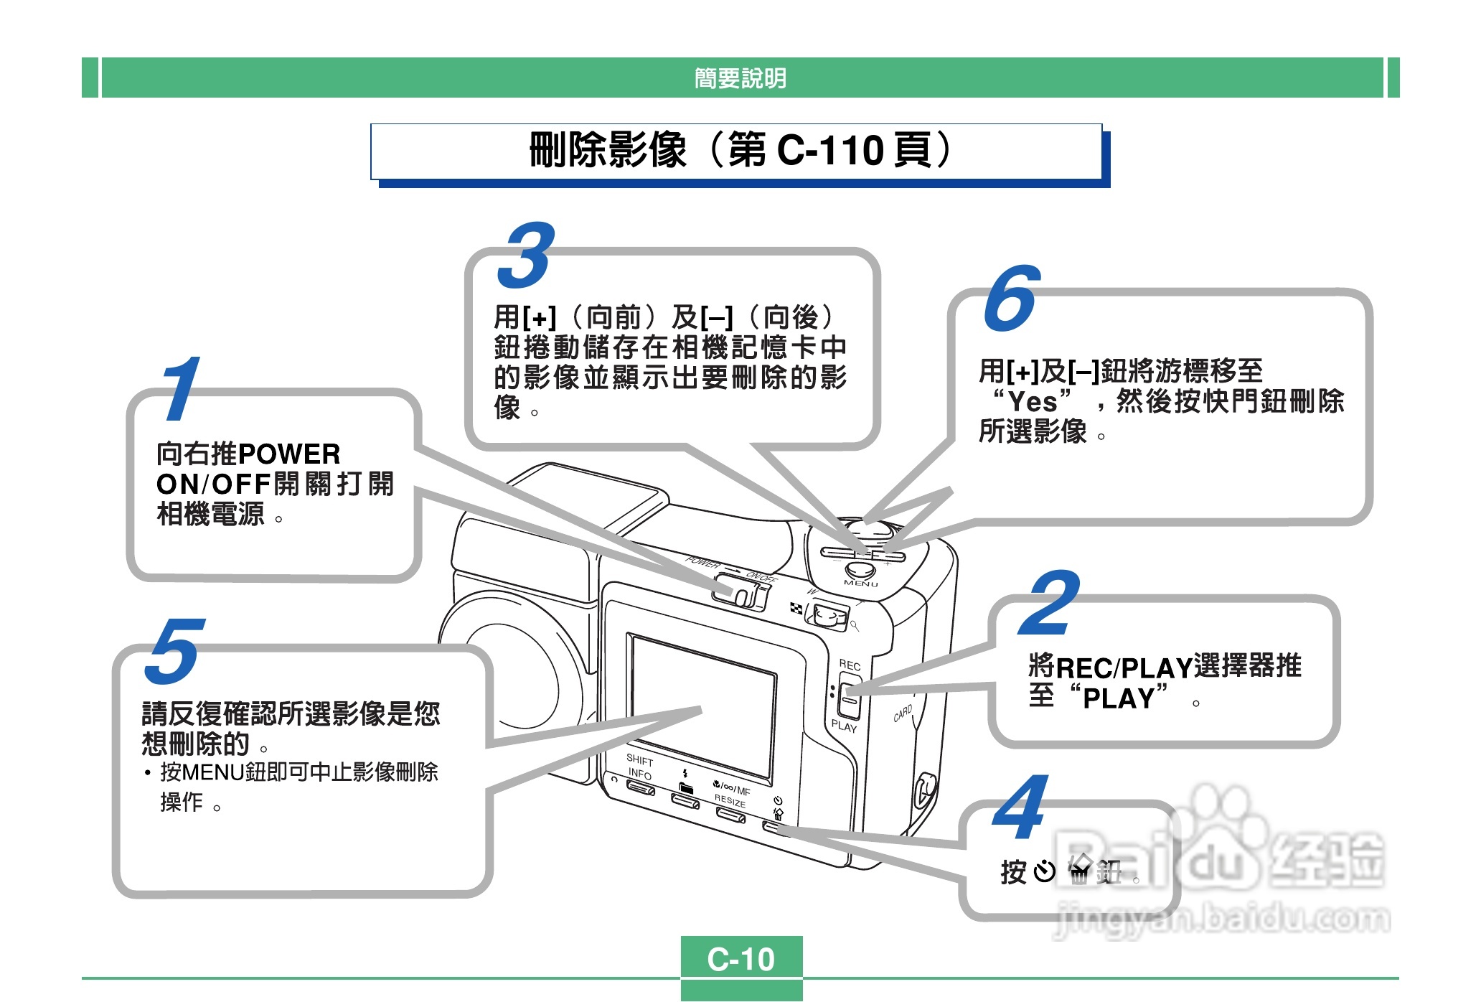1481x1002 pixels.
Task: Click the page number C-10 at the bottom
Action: click(740, 959)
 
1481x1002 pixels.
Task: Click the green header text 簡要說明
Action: click(740, 78)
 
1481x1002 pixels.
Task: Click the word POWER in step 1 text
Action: click(288, 454)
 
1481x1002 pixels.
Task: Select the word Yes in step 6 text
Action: click(1033, 402)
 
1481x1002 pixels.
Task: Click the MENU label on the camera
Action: click(861, 584)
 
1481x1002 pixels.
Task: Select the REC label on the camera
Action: click(850, 665)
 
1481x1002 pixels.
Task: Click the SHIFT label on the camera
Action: click(639, 759)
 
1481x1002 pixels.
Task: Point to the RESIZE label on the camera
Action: click(730, 800)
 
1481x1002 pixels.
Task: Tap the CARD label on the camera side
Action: click(903, 713)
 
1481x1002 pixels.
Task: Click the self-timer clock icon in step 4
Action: click(1045, 871)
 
